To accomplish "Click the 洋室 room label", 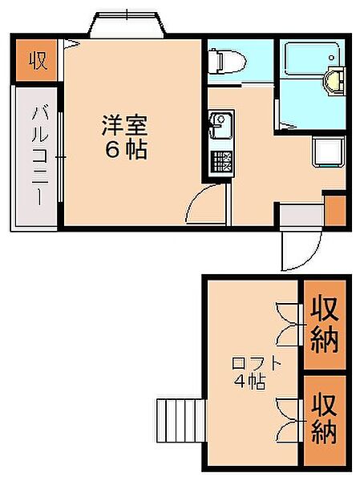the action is tap(125, 125).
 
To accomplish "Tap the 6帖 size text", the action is tap(126, 150).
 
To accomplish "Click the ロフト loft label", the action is tap(257, 363).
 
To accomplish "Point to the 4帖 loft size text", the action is tap(249, 382).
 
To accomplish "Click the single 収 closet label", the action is tap(38, 60).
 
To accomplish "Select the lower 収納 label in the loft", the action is tap(325, 418).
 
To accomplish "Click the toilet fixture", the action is tap(227, 62).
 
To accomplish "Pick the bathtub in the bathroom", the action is tap(312, 59).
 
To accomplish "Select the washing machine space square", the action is tap(328, 152).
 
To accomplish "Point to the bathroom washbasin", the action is tap(334, 80).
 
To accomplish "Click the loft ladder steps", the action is tap(180, 420).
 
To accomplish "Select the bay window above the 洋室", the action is tap(127, 25).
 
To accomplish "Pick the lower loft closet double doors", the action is tap(287, 419).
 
